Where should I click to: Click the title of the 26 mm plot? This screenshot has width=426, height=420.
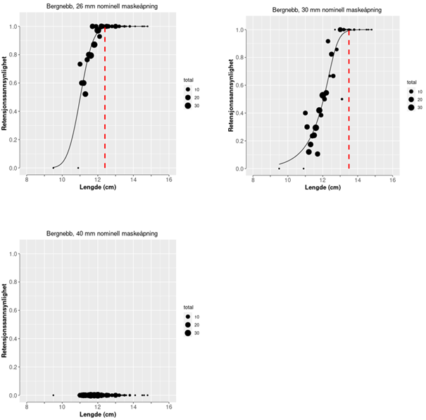tap(97, 7)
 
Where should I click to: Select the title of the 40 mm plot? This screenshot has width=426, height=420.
tap(97, 233)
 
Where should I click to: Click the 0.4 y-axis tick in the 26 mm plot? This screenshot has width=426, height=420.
tap(13, 111)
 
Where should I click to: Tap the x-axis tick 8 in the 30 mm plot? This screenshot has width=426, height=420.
tap(253, 180)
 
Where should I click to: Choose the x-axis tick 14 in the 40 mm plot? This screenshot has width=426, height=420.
tap(133, 407)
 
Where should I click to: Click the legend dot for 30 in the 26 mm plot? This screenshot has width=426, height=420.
tap(188, 106)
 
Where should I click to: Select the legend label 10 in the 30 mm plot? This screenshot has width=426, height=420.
tap(420, 92)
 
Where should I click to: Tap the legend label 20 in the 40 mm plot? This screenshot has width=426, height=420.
tap(197, 324)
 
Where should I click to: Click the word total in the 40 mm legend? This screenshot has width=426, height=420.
tap(189, 307)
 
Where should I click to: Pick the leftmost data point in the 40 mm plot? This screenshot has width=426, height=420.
tap(54, 395)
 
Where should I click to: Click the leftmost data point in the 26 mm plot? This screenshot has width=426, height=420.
tap(54, 168)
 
